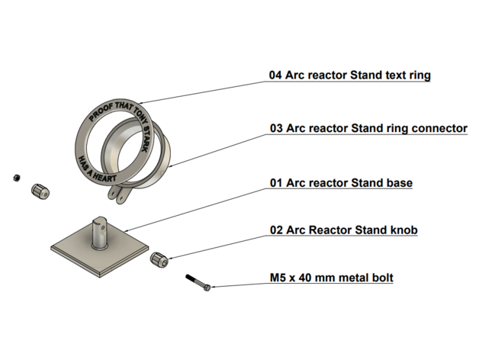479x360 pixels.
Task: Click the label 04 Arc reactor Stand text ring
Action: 350,76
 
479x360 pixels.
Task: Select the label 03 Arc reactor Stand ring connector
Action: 368,128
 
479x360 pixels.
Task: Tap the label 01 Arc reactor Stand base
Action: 341,183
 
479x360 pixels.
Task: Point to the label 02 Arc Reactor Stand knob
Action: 344,230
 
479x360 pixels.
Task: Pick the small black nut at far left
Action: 16,178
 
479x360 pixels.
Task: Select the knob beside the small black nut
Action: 39,191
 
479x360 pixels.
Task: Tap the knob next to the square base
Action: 159,259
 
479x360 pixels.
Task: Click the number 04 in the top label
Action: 276,76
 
